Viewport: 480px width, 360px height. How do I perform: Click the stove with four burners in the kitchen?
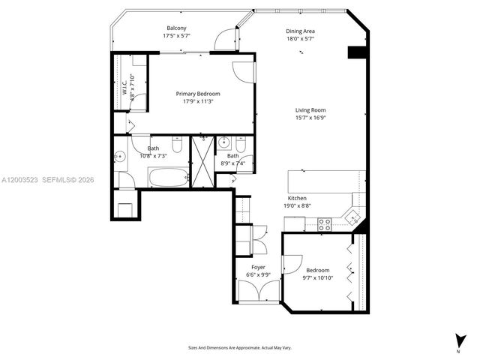tap(325, 223)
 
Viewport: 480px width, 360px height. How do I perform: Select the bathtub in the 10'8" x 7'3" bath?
tap(169, 178)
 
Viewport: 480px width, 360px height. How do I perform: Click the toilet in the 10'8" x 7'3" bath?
tap(177, 145)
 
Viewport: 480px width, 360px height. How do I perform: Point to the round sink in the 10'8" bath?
tap(120, 157)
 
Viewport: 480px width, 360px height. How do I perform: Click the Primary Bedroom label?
tap(198, 94)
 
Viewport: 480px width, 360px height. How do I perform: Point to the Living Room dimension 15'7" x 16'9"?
tap(310, 118)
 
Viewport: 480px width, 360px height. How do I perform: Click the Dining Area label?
tap(299, 31)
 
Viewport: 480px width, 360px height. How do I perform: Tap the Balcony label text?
tap(176, 28)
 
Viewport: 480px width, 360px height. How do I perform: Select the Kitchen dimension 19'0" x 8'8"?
tap(298, 206)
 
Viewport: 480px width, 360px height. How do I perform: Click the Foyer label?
tap(258, 268)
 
